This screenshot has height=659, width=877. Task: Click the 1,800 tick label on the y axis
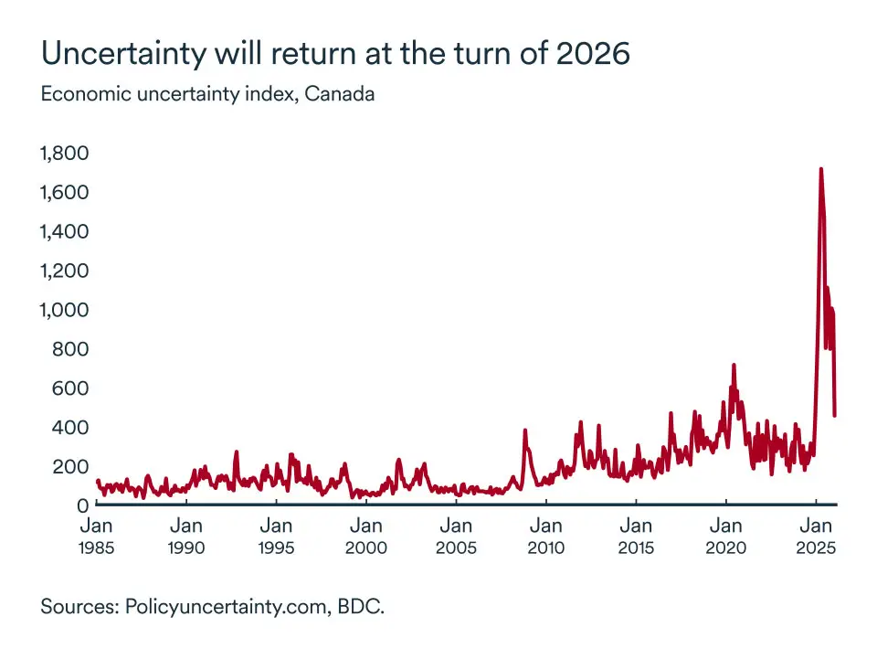click(63, 153)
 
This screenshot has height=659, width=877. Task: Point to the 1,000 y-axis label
click(63, 310)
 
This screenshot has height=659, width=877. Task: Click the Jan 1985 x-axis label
click(96, 537)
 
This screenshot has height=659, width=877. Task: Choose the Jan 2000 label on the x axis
click(365, 537)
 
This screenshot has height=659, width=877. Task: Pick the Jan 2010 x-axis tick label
click(545, 537)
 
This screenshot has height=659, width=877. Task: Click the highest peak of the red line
click(820, 169)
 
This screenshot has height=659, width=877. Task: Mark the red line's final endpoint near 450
click(835, 415)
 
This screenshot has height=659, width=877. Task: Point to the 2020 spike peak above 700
click(733, 366)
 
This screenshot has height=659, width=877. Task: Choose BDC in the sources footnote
click(361, 606)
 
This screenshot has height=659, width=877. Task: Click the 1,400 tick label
click(63, 231)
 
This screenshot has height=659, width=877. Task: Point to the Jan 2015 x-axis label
click(635, 537)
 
